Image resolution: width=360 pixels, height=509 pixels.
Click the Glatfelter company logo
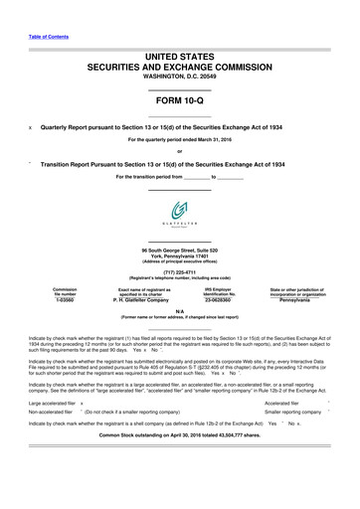coord(179,212)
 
